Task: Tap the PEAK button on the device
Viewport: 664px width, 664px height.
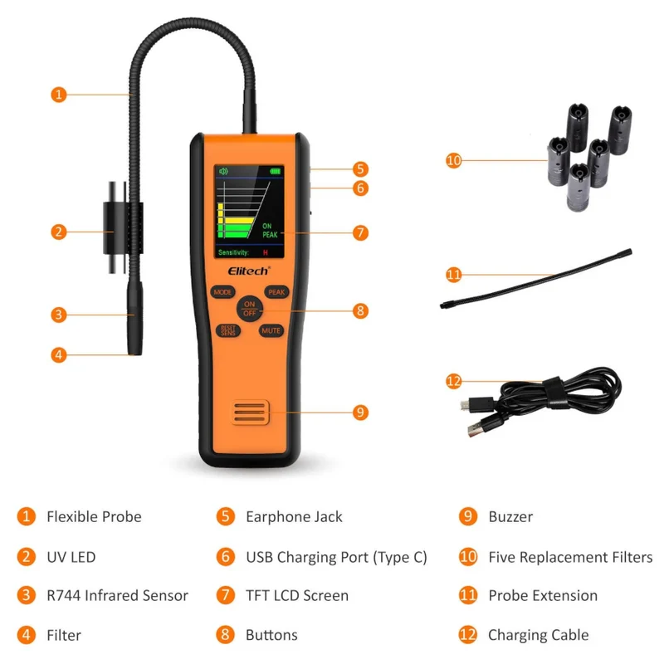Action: tap(276, 292)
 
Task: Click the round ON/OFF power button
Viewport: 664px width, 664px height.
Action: tap(250, 309)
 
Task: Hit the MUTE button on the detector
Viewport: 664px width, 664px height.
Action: tap(271, 330)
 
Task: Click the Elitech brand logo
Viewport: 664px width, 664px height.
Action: tap(249, 271)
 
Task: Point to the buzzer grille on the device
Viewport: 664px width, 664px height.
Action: tap(250, 412)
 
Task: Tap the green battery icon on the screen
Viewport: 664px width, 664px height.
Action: tap(276, 172)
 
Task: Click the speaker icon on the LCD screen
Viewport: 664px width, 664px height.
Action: tap(223, 171)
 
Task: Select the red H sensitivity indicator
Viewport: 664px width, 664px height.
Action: tap(265, 253)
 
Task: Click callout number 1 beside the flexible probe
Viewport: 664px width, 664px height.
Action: tap(59, 95)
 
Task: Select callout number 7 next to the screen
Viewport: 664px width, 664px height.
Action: tap(360, 232)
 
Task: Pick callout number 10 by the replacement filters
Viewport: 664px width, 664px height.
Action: tap(453, 160)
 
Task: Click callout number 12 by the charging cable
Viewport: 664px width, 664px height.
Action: tap(453, 381)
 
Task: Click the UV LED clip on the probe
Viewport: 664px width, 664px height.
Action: tap(123, 227)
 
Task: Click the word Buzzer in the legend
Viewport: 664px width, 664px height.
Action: tap(510, 516)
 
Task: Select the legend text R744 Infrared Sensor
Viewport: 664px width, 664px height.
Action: tap(117, 595)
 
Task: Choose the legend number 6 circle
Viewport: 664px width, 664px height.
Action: tap(225, 556)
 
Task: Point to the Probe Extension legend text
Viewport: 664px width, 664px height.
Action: tap(543, 595)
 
